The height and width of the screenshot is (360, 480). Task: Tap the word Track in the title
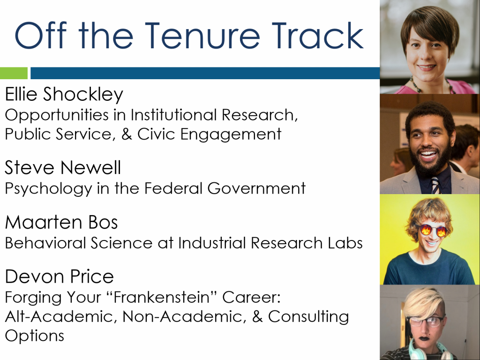click(x=318, y=36)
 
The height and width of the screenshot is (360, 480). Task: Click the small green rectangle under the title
click(x=14, y=73)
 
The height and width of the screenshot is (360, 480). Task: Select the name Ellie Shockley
click(x=64, y=94)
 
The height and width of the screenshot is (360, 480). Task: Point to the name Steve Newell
click(x=63, y=167)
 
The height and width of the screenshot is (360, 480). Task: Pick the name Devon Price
click(x=60, y=277)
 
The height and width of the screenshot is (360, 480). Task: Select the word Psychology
click(x=48, y=189)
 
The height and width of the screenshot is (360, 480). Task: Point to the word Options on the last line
click(x=35, y=336)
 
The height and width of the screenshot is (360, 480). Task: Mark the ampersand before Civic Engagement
click(x=127, y=134)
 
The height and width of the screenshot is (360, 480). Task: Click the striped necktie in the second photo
click(x=435, y=185)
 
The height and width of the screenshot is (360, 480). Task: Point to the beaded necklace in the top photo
click(x=431, y=87)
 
